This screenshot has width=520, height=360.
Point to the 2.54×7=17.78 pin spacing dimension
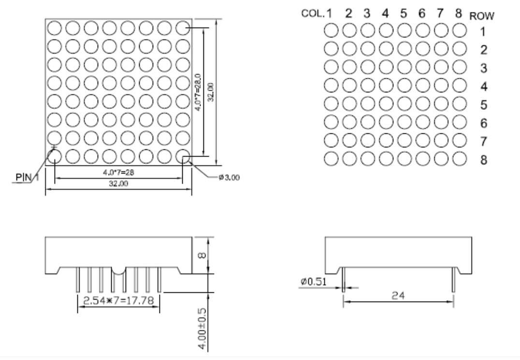[119, 301]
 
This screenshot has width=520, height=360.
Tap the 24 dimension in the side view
[399, 296]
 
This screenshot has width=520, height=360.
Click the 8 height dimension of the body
[203, 255]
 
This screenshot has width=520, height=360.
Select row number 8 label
[483, 159]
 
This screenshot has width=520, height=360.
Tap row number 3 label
[483, 68]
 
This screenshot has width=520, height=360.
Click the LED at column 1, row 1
[331, 31]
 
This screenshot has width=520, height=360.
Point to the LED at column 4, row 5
[386, 104]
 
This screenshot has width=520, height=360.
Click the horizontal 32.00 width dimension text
[118, 184]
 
